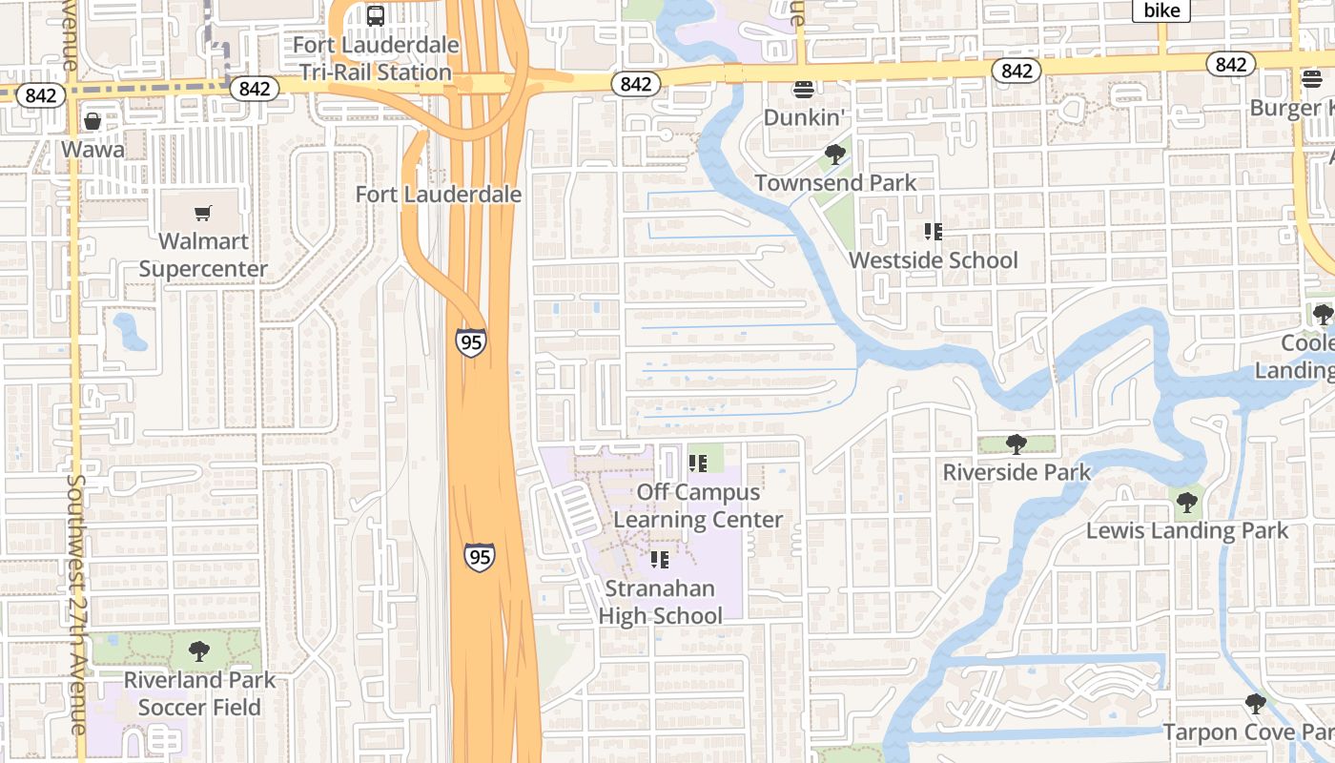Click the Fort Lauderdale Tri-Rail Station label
point(376,58)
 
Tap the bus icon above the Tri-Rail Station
point(376,16)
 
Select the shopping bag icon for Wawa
point(92,121)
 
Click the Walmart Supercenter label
point(203,255)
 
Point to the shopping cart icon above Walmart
point(202,213)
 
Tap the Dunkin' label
point(805,117)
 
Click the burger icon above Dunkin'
point(804,90)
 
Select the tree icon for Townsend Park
point(835,154)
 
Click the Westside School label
point(933,260)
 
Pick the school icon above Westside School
point(933,231)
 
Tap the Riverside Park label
point(1017,472)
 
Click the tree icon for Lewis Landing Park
point(1186,502)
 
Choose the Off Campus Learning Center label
point(698,505)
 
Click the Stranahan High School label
point(660,602)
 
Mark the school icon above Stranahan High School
point(659,560)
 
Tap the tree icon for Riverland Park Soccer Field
point(199,651)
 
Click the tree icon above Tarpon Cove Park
point(1256,704)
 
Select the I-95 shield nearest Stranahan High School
point(480,556)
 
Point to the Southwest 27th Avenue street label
point(76,605)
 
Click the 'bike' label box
point(1161,10)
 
